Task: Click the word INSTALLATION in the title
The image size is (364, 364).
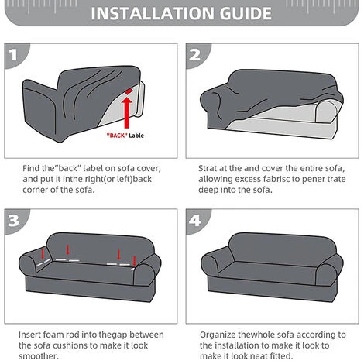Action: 153,13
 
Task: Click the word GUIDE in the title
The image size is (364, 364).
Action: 246,13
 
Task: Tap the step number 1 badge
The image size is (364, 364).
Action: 15,54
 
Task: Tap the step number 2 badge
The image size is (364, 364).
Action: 197,54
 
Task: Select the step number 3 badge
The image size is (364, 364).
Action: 15,220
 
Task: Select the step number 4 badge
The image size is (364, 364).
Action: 197,220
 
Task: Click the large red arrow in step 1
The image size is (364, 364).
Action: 127,112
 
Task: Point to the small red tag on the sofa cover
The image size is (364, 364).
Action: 129,91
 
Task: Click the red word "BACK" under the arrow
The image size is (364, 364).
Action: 117,136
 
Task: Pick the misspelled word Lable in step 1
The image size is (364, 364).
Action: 136,136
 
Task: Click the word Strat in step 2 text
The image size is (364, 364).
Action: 208,168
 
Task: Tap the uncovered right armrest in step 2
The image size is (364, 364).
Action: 326,111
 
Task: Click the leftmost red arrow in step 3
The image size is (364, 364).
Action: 43,253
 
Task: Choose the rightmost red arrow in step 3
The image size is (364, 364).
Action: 134,261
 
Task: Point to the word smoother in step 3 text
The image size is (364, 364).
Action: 39,356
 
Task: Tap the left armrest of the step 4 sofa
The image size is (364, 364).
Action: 211,266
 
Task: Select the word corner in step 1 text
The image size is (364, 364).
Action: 36,190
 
